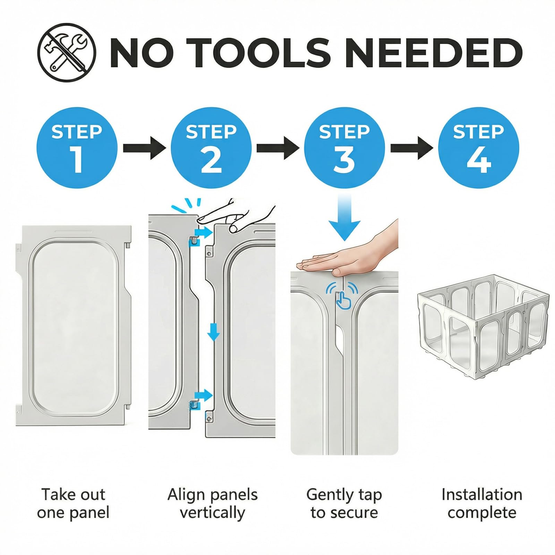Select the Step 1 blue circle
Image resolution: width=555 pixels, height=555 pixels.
77,148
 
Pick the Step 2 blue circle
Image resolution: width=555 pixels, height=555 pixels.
211,148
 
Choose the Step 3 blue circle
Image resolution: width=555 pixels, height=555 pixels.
344,148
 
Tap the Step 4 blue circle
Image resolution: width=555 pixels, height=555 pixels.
479,148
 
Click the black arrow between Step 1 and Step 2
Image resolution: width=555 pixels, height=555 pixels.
144,148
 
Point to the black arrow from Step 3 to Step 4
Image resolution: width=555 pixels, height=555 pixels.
412,148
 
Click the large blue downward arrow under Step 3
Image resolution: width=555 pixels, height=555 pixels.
344,217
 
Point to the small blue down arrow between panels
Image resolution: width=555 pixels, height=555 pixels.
214,332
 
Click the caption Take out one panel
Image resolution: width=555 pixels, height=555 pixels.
73,503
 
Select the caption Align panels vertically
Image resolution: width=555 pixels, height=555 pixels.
212,503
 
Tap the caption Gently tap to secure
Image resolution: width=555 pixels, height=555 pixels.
344,503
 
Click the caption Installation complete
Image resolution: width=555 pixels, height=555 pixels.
482,503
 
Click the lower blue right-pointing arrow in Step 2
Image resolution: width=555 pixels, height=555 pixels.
204,394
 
